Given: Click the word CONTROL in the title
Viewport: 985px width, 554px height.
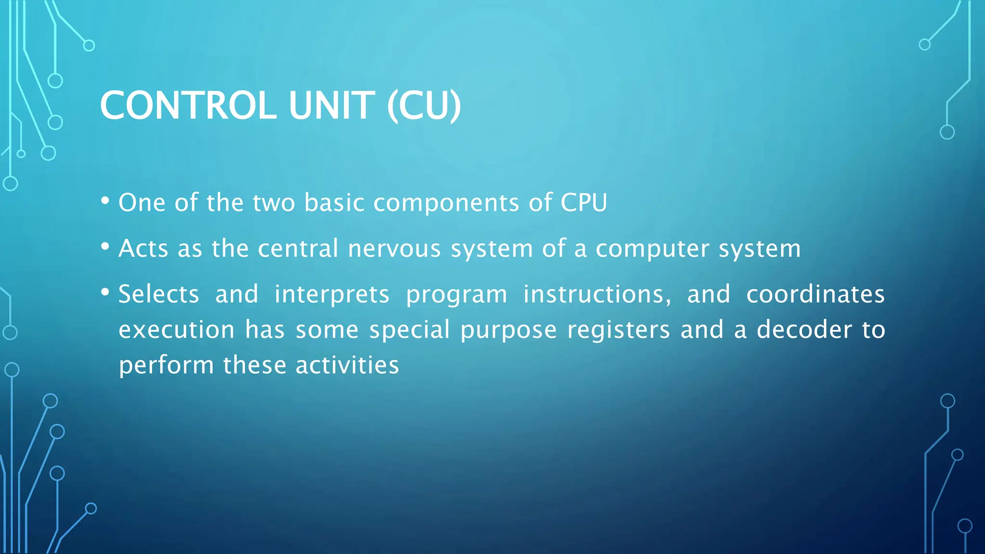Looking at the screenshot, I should click(x=188, y=105).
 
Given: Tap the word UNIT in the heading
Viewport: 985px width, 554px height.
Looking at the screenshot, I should click(x=331, y=105).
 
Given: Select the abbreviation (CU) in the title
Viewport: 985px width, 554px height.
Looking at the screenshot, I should click(x=424, y=105).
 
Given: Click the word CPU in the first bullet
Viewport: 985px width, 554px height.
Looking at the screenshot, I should click(x=584, y=202).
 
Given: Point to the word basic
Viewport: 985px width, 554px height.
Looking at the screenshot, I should click(x=334, y=202).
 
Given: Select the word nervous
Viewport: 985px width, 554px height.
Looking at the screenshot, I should click(x=394, y=249).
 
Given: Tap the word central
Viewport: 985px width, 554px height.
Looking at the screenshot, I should click(x=298, y=249).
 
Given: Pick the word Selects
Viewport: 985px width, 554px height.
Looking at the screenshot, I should click(x=159, y=294).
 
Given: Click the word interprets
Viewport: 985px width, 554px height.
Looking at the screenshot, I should click(x=332, y=295).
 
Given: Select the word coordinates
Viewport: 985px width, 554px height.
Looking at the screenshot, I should click(x=815, y=294).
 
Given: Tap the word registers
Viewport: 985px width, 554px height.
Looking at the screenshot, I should click(x=619, y=330).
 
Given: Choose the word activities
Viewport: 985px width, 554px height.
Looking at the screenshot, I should click(x=347, y=365).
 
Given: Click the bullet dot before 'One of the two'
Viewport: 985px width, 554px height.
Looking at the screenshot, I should click(x=105, y=201).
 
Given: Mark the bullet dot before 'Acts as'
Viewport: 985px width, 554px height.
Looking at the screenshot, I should click(x=105, y=247).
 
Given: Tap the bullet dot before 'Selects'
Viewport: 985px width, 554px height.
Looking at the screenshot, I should click(x=105, y=292).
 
